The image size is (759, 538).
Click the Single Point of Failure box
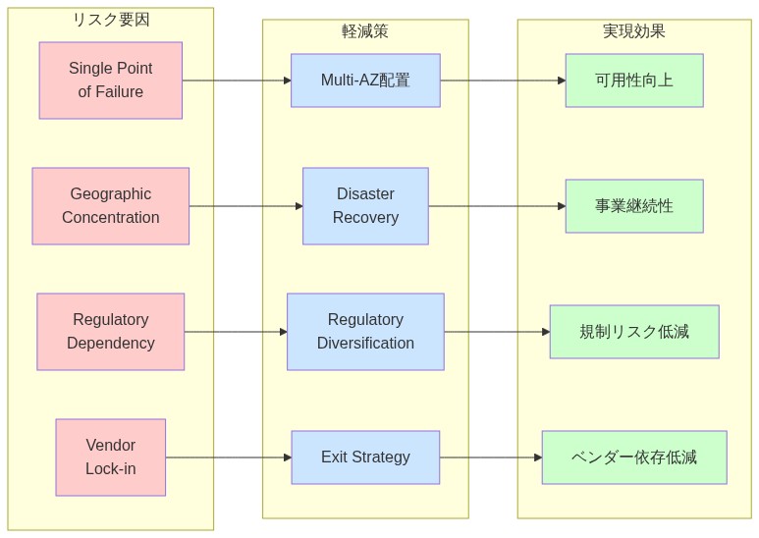pyautogui.click(x=110, y=81)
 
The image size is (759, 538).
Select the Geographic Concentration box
pyautogui.click(x=110, y=206)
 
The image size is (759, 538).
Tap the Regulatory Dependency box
pyautogui.click(x=110, y=332)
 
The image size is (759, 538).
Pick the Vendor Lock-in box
pyautogui.click(x=110, y=457)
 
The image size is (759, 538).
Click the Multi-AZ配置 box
pyautogui.click(x=365, y=81)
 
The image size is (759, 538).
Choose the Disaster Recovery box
pyautogui.click(x=365, y=206)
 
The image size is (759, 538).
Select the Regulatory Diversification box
pyautogui.click(x=365, y=332)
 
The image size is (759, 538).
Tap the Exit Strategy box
pyautogui.click(x=365, y=457)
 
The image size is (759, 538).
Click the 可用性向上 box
pyautogui.click(x=634, y=81)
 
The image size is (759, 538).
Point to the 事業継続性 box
pyautogui.click(x=634, y=206)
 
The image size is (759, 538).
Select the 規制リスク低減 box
pyautogui.click(x=634, y=332)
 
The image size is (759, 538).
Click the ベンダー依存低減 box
pyautogui.click(x=634, y=457)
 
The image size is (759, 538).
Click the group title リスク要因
pyautogui.click(x=110, y=20)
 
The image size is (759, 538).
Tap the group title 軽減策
pyautogui.click(x=365, y=31)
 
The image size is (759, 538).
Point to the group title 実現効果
pyautogui.click(x=634, y=31)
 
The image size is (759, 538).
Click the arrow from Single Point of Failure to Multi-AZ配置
pyautogui.click(x=236, y=81)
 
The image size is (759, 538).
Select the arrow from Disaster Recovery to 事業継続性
pyautogui.click(x=497, y=206)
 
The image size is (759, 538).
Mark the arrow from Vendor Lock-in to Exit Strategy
pyautogui.click(x=228, y=457)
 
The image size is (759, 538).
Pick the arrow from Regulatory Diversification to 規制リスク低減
pyautogui.click(x=497, y=332)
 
